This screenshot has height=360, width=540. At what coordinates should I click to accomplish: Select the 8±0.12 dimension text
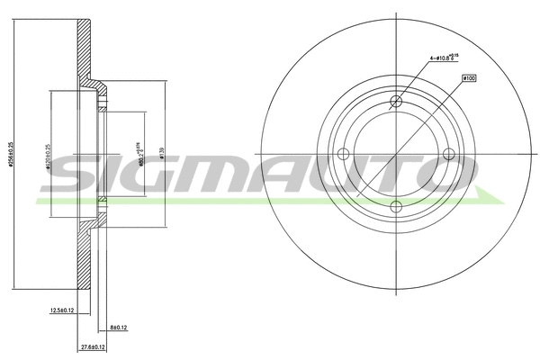point(119,328)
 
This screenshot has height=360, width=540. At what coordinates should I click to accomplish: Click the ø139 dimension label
point(161,154)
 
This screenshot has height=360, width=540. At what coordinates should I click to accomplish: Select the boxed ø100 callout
point(468,79)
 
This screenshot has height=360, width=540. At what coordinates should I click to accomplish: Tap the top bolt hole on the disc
point(395,102)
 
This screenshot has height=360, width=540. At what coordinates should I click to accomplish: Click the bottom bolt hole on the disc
point(395,207)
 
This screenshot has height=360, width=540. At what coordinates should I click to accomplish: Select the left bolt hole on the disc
point(343,154)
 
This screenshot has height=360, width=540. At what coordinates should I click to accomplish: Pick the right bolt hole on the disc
point(447,154)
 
